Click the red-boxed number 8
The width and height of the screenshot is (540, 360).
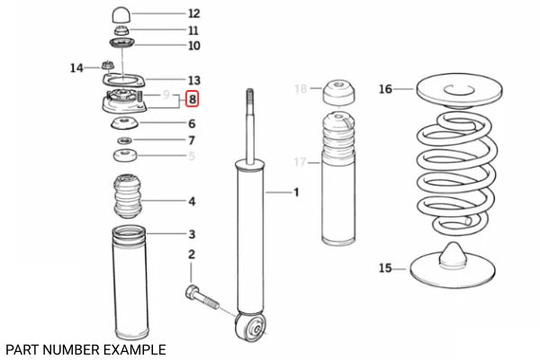193,99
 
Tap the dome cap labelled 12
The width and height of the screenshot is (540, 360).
121,15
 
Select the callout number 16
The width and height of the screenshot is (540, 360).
385,89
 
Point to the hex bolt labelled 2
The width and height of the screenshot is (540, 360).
202,297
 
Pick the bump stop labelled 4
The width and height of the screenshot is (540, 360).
128,196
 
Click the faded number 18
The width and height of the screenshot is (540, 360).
301,88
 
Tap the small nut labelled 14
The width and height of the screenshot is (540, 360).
108,65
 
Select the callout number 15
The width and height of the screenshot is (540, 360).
385,267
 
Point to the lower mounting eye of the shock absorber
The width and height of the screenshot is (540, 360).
250,326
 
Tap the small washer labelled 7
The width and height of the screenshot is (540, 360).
125,140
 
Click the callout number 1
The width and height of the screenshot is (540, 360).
296,193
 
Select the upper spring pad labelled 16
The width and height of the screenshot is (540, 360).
459,90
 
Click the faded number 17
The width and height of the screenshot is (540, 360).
301,162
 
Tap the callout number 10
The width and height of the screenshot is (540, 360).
193,46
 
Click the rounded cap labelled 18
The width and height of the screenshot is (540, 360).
339,92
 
